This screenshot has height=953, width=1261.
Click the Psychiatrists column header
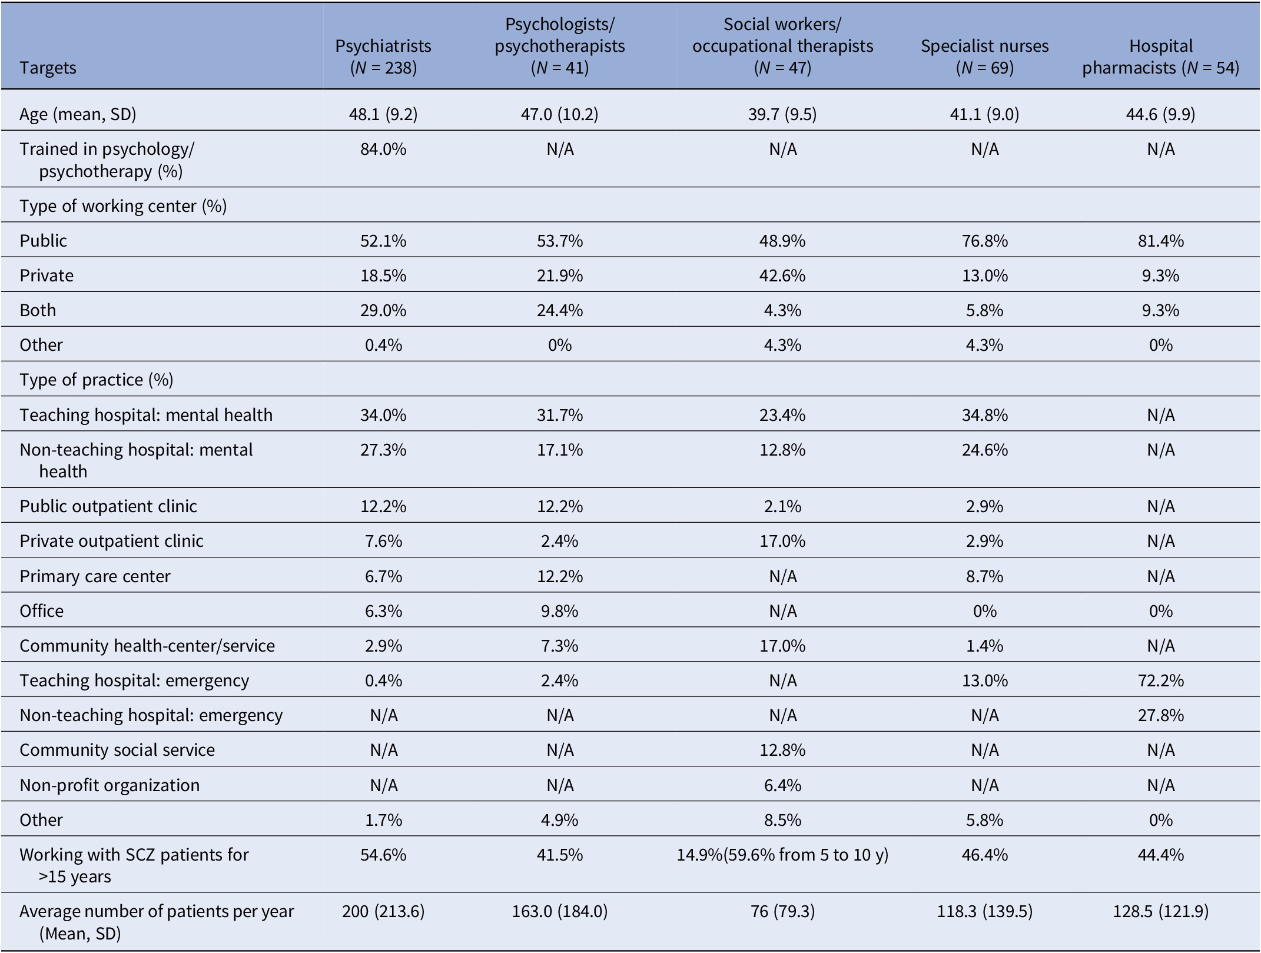pyautogui.click(x=383, y=57)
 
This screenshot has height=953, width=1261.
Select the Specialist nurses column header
pyautogui.click(x=984, y=57)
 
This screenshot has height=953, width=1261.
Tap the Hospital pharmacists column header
pyautogui.click(x=1160, y=57)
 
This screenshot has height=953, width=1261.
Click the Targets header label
pyautogui.click(x=48, y=68)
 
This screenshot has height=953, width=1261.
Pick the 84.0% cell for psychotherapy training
pyautogui.click(x=383, y=149)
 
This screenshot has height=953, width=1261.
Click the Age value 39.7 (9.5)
pyautogui.click(x=782, y=114)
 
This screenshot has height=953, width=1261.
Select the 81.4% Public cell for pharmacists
pyautogui.click(x=1160, y=241)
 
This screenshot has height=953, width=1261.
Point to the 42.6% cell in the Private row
pyautogui.click(x=782, y=275)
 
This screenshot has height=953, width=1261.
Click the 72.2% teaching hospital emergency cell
pyautogui.click(x=1160, y=680)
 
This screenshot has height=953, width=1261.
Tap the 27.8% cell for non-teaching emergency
pyautogui.click(x=1160, y=715)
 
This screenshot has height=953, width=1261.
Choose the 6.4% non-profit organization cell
pyautogui.click(x=782, y=785)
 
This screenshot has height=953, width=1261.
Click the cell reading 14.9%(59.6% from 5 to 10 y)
pyautogui.click(x=782, y=855)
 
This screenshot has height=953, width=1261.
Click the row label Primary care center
pyautogui.click(x=95, y=576)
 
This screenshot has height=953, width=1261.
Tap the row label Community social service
pyautogui.click(x=117, y=750)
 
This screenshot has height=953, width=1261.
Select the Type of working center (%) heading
pyautogui.click(x=123, y=206)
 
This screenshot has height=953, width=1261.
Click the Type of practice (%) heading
pyautogui.click(x=97, y=380)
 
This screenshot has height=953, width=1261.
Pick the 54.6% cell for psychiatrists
pyautogui.click(x=383, y=855)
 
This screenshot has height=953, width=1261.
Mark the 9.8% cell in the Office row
pyautogui.click(x=560, y=611)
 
